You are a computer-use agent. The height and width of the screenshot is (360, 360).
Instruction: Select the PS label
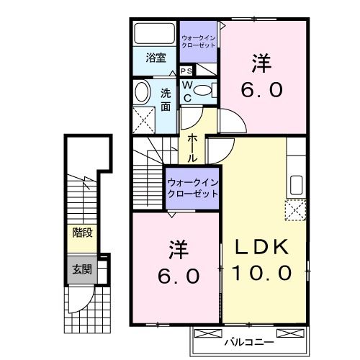[x=186, y=71]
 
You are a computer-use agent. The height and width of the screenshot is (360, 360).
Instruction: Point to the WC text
[x=186, y=89]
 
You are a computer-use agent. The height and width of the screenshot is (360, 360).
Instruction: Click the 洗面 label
[x=165, y=99]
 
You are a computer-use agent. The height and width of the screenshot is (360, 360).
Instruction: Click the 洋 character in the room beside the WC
[x=261, y=63]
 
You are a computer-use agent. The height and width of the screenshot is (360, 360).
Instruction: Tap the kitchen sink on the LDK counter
[x=296, y=184]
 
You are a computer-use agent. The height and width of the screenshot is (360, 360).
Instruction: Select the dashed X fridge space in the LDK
[x=295, y=211]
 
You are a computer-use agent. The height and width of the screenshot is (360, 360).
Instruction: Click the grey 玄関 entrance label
[x=81, y=269]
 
